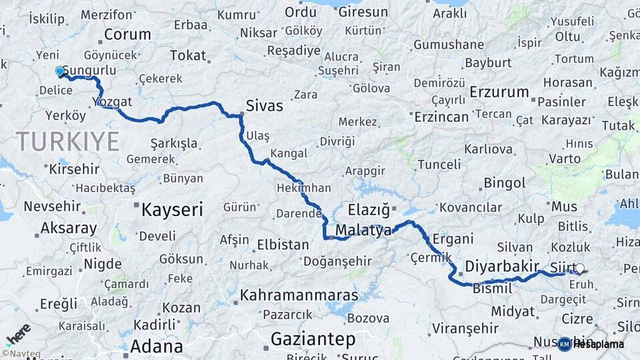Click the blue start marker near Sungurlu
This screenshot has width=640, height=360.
(60, 71)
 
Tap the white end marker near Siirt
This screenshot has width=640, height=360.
(579, 268)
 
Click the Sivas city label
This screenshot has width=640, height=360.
(264, 106)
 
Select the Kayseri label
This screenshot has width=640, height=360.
(171, 210)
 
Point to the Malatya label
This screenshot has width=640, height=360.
(363, 231)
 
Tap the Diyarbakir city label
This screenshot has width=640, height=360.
(501, 266)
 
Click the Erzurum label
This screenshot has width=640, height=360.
(499, 92)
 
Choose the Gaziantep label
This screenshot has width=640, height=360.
(313, 339)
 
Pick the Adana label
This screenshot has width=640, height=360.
(156, 346)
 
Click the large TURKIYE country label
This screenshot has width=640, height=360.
(68, 141)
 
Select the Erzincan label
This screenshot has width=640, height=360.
(441, 117)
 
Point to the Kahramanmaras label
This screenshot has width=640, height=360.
(299, 295)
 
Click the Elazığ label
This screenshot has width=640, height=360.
(369, 210)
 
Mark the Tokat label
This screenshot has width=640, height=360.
(188, 55)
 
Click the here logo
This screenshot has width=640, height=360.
(17, 334)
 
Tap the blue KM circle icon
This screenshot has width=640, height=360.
(565, 344)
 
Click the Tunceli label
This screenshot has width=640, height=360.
(439, 164)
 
